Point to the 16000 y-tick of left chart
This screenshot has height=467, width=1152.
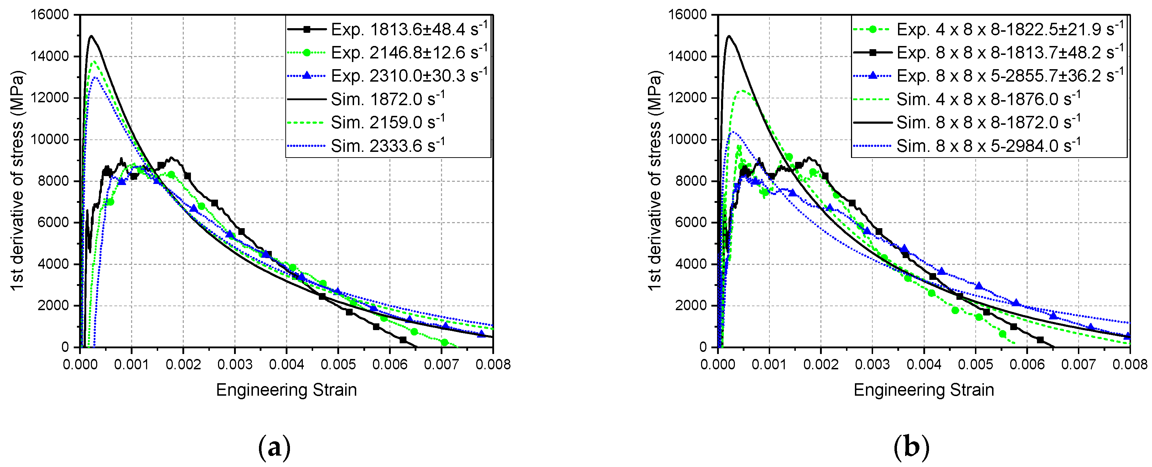[x=49, y=15]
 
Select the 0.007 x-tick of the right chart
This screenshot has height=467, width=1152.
[x=1078, y=364]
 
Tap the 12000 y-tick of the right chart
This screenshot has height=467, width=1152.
[x=687, y=98]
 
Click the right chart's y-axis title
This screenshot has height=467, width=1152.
[x=655, y=180]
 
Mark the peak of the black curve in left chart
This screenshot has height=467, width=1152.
[x=91, y=36]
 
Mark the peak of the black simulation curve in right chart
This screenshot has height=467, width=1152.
[x=728, y=36]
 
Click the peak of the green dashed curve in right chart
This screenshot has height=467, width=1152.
[x=743, y=91]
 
